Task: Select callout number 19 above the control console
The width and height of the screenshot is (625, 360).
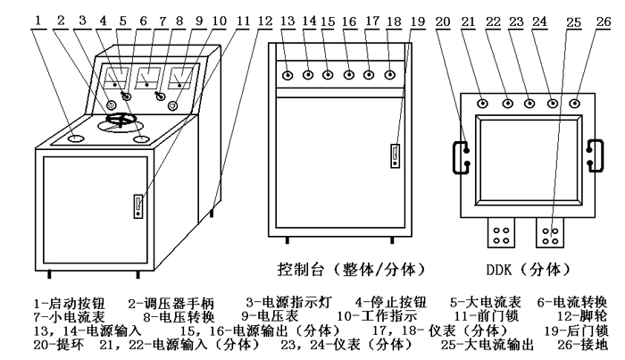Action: (418, 18)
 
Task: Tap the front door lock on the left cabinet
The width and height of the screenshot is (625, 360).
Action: (138, 206)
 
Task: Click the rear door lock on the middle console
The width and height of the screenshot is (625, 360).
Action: (392, 155)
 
